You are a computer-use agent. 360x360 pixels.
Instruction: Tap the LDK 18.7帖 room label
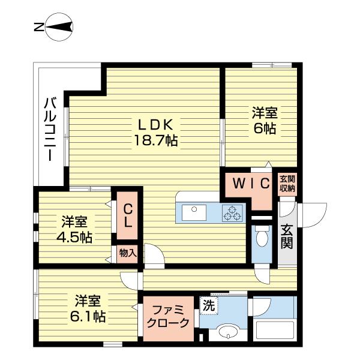point(155,133)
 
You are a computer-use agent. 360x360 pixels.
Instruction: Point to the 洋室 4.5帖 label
point(75,229)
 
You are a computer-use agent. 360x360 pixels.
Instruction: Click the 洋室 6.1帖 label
point(90,308)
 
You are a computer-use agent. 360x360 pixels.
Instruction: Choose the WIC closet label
point(250,184)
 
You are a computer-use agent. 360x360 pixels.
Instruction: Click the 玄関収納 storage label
point(287,184)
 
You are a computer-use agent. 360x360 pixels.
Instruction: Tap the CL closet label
point(128,215)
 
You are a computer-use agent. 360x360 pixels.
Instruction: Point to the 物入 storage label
point(128,253)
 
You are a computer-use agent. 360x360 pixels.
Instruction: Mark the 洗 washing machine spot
point(208,305)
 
